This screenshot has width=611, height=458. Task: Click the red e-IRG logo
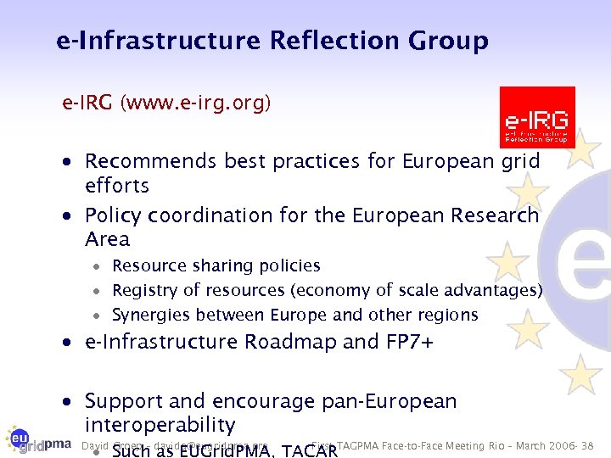[x=536, y=117]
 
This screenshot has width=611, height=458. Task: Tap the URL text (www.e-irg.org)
[x=195, y=103]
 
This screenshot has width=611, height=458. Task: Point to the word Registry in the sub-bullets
[x=143, y=290]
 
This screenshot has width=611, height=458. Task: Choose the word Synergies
[x=151, y=315]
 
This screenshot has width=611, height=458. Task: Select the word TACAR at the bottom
[x=309, y=450]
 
